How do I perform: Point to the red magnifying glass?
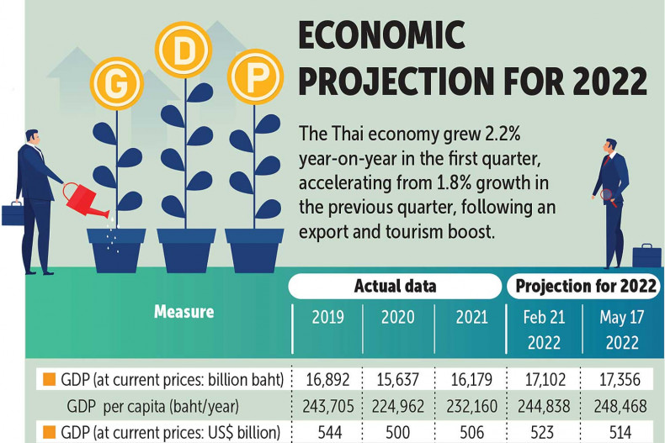coord(612,198)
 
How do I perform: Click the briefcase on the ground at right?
coord(646,256)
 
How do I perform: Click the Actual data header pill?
coord(395,286)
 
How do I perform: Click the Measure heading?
coord(184,312)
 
